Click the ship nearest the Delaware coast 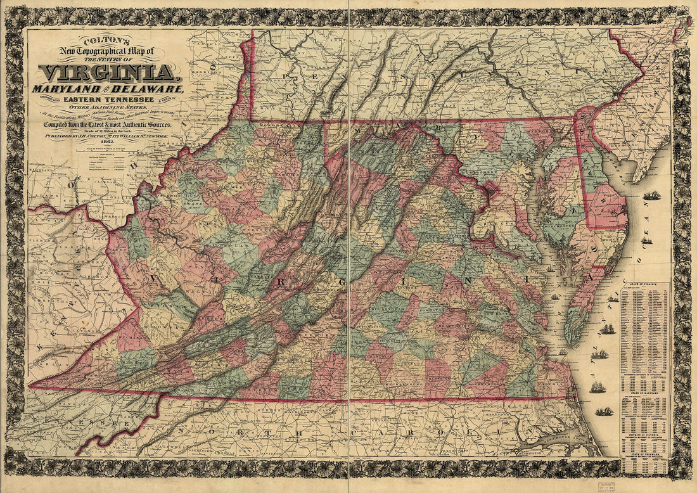651,196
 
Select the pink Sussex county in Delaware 605,209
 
